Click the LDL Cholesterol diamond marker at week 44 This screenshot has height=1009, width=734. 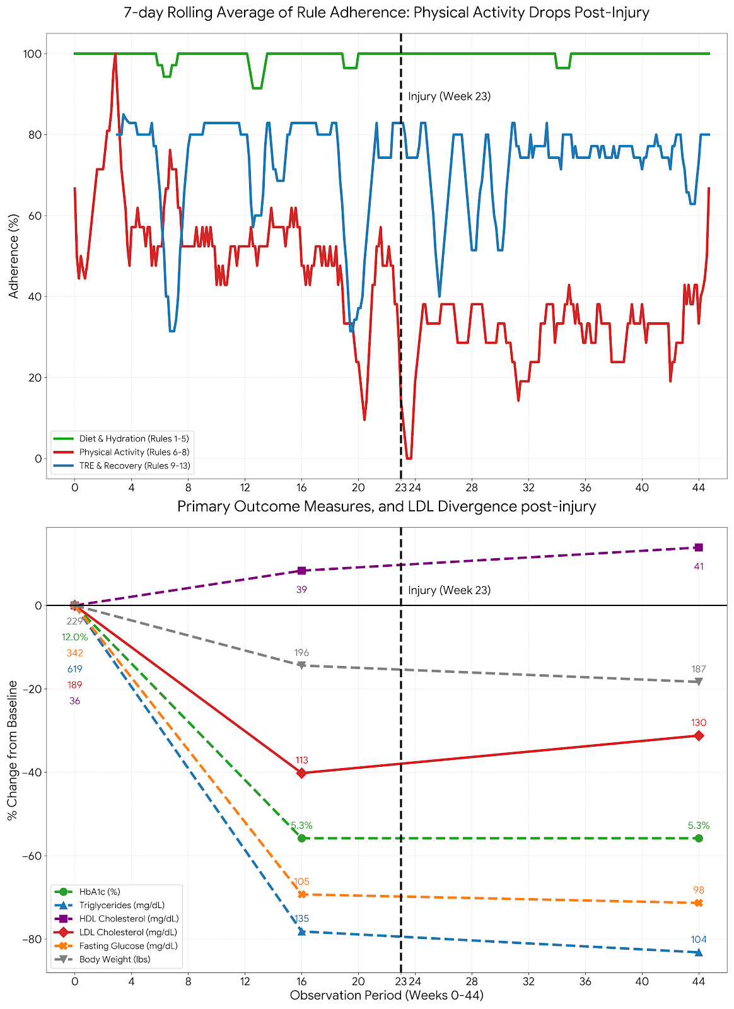tap(699, 736)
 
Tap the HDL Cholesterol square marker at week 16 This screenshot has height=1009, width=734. tap(301, 571)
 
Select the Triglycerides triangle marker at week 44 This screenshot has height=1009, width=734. tap(699, 952)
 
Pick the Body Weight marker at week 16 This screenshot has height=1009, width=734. tap(301, 665)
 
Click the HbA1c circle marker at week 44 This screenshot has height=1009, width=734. tap(699, 838)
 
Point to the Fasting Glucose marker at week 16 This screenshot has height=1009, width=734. tap(301, 894)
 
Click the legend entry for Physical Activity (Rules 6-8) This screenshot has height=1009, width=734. tap(134, 452)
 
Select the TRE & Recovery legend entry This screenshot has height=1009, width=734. tap(135, 466)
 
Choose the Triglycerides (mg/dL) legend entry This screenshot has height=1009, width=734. tap(122, 906)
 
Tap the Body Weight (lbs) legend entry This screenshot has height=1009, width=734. tap(115, 960)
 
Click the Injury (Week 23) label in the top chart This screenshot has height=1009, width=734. tap(449, 96)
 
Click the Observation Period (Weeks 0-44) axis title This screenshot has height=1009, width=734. tap(387, 996)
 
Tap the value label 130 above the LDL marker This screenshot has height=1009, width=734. tap(699, 723)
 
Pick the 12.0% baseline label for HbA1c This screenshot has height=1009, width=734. tap(74, 637)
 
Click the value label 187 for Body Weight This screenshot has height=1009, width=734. tap(699, 669)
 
